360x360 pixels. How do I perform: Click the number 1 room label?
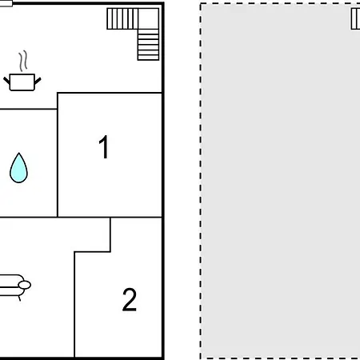point(103,147)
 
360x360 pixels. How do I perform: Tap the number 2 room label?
point(130,299)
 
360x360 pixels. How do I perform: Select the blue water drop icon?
point(18,168)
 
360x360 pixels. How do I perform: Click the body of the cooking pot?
point(22,82)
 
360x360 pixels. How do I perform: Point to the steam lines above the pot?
point(23,61)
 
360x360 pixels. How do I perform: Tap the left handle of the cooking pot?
point(6,80)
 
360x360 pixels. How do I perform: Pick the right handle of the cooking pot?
point(38,80)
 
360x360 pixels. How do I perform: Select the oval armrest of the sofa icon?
point(25,285)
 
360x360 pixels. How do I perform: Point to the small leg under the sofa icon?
point(19,298)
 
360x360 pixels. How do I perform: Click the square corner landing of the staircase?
point(149,18)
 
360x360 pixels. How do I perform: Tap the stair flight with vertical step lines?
point(122,18)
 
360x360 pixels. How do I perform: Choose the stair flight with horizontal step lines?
point(148,45)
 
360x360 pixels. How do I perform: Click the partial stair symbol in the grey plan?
point(355,18)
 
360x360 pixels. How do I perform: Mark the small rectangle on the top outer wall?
point(6,4)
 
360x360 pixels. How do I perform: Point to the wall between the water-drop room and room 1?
point(58,154)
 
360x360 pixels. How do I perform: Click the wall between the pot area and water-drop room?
point(29,109)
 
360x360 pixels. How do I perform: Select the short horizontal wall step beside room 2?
point(92,251)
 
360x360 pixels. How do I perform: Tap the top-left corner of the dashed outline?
point(201,4)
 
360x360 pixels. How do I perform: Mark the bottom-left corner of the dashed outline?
point(201,358)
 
